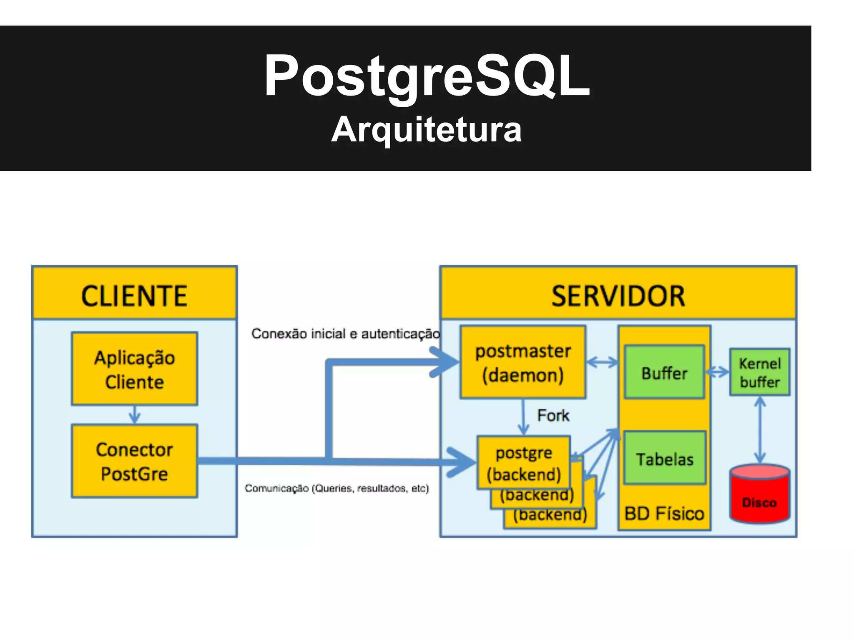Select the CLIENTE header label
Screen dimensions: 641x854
[x=134, y=296]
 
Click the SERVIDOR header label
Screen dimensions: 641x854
[x=618, y=296]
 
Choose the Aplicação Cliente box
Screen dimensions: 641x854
[x=134, y=369]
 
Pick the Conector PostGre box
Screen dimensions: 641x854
[x=134, y=461]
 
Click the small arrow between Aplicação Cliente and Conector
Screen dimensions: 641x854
[x=134, y=415]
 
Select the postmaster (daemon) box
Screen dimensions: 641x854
[x=523, y=362]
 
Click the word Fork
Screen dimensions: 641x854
[x=553, y=416]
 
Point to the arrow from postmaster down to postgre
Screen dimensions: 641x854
[x=523, y=417]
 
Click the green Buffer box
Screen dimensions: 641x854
[x=664, y=373]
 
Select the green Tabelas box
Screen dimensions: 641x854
[x=664, y=459]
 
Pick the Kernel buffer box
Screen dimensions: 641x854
[x=759, y=372]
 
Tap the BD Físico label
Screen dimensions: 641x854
[x=664, y=513]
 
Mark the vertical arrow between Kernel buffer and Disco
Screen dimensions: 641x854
[x=760, y=430]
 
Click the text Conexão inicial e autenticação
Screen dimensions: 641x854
[x=345, y=334]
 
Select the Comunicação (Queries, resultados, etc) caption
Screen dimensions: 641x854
[x=337, y=488]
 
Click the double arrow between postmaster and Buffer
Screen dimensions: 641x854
[x=602, y=362]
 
